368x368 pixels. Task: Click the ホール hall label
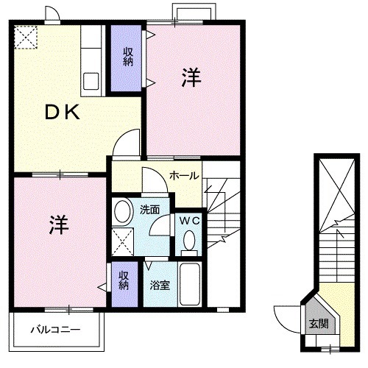(x=183, y=176)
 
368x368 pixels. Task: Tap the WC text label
(x=188, y=219)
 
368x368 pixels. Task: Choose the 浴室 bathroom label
(x=160, y=285)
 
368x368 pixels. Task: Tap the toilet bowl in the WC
(x=189, y=240)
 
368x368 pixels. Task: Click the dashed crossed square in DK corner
(x=26, y=38)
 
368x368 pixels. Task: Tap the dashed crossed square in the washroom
(x=123, y=239)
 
